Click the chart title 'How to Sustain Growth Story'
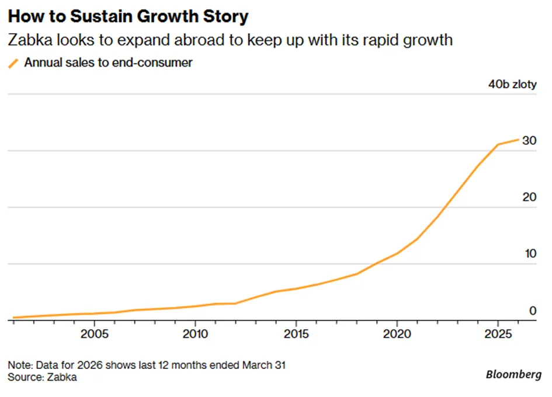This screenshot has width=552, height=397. point(128,16)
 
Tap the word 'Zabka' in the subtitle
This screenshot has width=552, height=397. point(30,40)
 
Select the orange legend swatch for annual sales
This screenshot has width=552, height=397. point(13,64)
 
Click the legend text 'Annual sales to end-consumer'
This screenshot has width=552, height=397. point(109,62)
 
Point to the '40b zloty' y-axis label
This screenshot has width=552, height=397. point(512,84)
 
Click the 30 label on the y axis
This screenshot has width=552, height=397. point(529,141)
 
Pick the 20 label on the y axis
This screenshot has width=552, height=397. point(529,197)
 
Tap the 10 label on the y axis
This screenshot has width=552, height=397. point(530,253)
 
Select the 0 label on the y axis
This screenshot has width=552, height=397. point(533,311)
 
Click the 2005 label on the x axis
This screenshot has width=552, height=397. point(95,333)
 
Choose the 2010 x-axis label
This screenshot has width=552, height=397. point(195,333)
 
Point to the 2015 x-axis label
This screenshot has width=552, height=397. point(296,333)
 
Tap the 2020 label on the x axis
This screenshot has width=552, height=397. point(397,333)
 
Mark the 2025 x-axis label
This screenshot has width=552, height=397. point(498,333)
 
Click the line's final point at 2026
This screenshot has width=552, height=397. point(518,140)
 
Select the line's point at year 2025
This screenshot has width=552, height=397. point(498,144)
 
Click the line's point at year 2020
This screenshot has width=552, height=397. point(397,253)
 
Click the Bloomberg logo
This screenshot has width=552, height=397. point(513,374)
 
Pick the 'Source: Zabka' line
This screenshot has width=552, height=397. point(42,377)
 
